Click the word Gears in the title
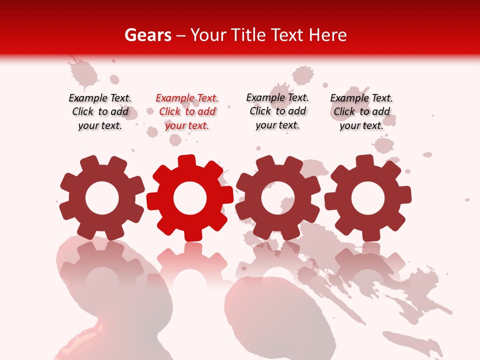pos(147,35)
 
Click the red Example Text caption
pos(187,111)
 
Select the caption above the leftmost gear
pos(100,111)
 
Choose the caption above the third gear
pos(277,111)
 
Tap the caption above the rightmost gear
pos(361,111)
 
